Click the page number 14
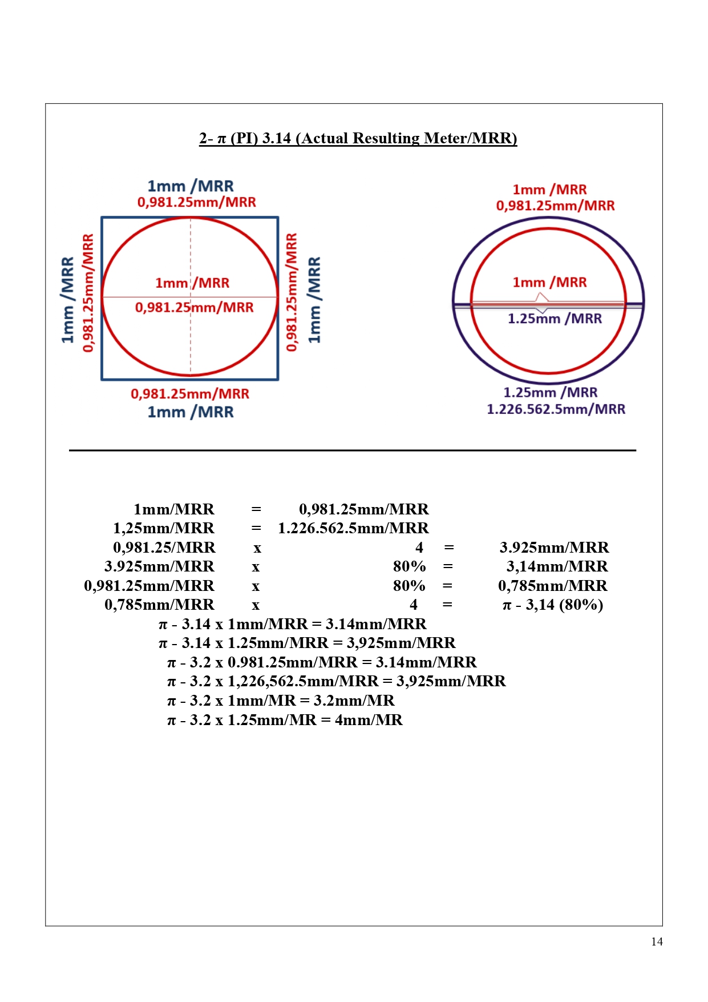pyautogui.click(x=657, y=941)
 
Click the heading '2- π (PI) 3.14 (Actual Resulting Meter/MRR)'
pyautogui.click(x=358, y=138)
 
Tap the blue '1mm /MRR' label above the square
pyautogui.click(x=191, y=186)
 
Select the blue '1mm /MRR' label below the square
pyautogui.click(x=191, y=412)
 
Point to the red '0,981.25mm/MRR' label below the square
pyautogui.click(x=190, y=393)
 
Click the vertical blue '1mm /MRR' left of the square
pyautogui.click(x=68, y=300)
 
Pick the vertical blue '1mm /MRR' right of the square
pyautogui.click(x=314, y=300)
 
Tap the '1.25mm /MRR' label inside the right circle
pyautogui.click(x=555, y=319)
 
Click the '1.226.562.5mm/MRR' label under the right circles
pyautogui.click(x=556, y=409)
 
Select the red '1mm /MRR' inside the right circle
pyautogui.click(x=549, y=282)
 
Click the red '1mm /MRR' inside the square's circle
pyautogui.click(x=192, y=283)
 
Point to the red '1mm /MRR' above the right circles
pyautogui.click(x=549, y=190)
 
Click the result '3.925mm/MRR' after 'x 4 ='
pyautogui.click(x=554, y=548)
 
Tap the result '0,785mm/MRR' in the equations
pyautogui.click(x=552, y=586)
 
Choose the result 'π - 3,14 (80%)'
pyautogui.click(x=552, y=605)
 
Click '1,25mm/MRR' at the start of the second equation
pyautogui.click(x=164, y=528)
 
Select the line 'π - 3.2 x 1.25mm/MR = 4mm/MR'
pyautogui.click(x=285, y=720)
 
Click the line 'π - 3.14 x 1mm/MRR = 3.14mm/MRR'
pyautogui.click(x=292, y=624)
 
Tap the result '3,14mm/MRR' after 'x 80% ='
pyautogui.click(x=557, y=566)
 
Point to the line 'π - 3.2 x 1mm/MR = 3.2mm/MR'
pyautogui.click(x=281, y=701)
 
